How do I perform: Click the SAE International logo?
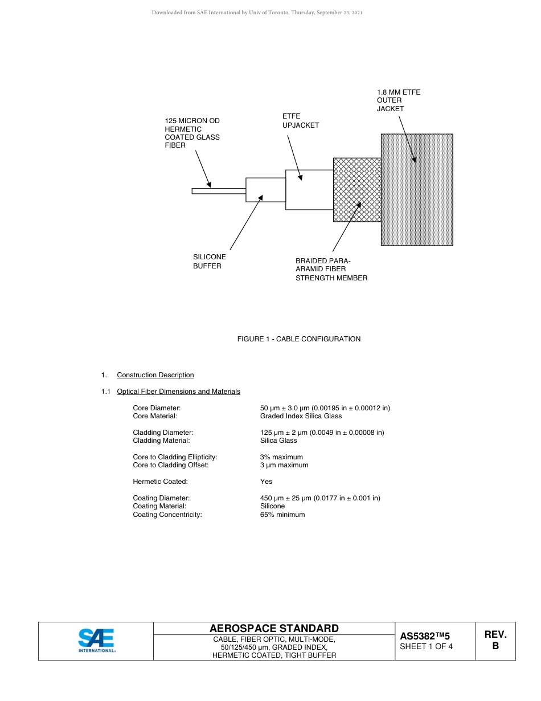click(96, 641)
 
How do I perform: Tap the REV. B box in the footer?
click(495, 641)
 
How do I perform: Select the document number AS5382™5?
click(425, 636)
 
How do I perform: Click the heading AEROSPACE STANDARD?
click(274, 628)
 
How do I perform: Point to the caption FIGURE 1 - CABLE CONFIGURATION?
click(298, 339)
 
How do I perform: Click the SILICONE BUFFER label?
click(209, 262)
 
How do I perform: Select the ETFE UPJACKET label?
click(301, 121)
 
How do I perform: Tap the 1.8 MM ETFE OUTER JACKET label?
click(398, 100)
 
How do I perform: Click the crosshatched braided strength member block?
click(357, 190)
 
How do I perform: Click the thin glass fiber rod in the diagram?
click(219, 191)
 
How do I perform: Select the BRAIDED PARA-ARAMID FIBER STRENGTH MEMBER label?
click(331, 270)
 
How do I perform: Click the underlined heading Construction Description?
click(155, 375)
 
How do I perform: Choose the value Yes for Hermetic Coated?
click(266, 482)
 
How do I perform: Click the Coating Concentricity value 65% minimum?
click(282, 515)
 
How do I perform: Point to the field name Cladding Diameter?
click(163, 433)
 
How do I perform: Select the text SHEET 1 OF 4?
click(426, 646)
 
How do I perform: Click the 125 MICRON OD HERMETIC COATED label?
click(192, 133)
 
